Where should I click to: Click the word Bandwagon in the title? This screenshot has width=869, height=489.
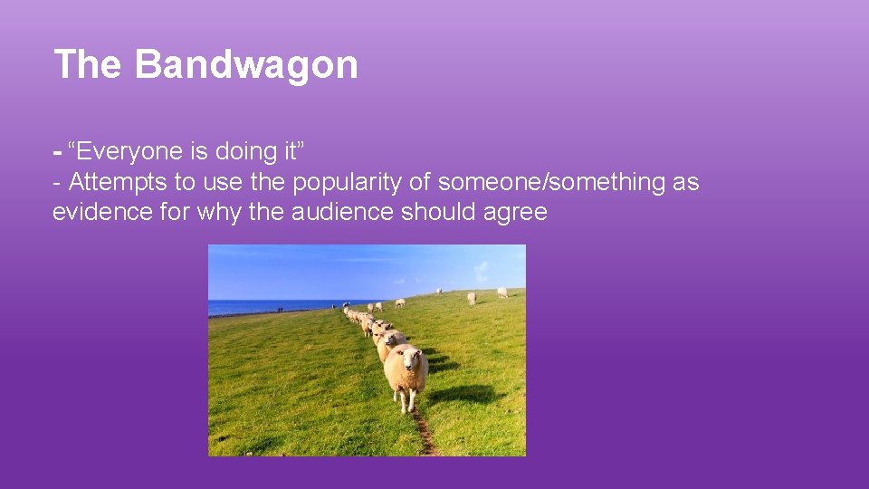tap(247, 65)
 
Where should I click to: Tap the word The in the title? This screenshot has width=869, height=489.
tap(87, 65)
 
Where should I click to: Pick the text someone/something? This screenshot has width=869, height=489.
tap(550, 182)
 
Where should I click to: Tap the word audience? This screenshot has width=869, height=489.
tap(336, 212)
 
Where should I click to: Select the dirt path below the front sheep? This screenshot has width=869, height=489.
tap(424, 435)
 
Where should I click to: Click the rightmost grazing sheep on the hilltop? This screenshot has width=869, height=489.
tap(501, 292)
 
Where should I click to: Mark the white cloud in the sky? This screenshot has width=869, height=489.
tap(482, 271)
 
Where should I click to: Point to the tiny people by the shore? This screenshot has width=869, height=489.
tap(281, 311)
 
